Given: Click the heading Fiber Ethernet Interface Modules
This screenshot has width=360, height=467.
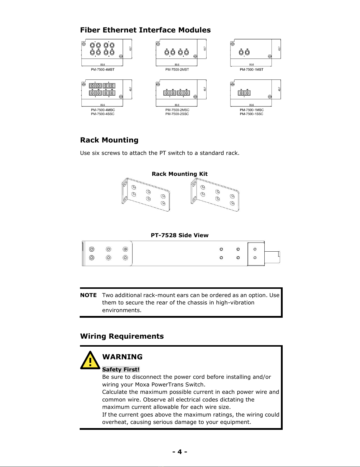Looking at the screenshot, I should click(x=145, y=30).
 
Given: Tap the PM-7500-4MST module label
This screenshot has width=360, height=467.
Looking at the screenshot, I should click(x=102, y=70).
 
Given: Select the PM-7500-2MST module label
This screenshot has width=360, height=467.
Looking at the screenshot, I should click(x=177, y=70).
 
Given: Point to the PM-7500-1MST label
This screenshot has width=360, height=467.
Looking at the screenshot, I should click(x=251, y=70).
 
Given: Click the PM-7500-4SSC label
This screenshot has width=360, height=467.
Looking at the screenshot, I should click(x=102, y=114).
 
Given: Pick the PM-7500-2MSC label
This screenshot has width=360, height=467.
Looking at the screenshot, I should click(x=177, y=110).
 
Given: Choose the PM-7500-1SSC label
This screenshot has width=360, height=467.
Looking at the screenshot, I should click(x=251, y=114).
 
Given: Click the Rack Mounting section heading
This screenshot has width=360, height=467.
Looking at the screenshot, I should click(x=109, y=140).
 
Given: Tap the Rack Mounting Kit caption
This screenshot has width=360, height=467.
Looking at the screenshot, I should click(x=179, y=174).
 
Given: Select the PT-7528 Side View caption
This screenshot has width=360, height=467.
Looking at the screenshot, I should click(x=179, y=235).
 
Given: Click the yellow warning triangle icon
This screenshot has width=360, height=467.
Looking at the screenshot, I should click(x=90, y=361).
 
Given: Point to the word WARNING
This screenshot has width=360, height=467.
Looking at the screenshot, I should click(x=122, y=357).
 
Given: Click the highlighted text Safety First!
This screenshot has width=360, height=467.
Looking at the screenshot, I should click(x=121, y=369).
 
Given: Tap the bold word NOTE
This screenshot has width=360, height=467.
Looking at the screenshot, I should click(x=88, y=295).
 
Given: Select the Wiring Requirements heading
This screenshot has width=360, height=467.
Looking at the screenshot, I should click(x=122, y=336).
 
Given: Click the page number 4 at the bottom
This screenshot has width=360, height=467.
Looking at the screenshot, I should click(x=180, y=452).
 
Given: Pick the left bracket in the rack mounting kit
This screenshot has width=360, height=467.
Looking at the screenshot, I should click(x=146, y=195).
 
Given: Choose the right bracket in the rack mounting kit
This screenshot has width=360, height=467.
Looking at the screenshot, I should click(x=215, y=195).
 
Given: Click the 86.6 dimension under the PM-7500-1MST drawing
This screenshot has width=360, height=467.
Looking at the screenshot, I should click(x=251, y=65).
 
